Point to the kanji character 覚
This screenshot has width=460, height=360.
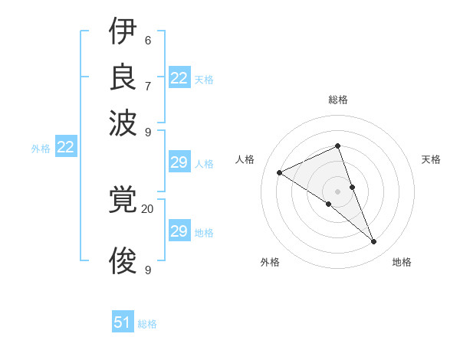[123, 201]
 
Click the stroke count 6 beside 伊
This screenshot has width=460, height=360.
[148, 41]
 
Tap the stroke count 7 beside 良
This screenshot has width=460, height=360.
[148, 85]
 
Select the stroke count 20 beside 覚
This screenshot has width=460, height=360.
[148, 208]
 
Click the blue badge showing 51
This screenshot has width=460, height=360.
[123, 322]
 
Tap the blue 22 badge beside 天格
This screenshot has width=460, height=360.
[179, 78]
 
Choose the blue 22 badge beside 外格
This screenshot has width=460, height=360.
[65, 148]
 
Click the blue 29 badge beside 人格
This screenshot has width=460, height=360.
[179, 162]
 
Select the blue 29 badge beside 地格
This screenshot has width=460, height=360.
[179, 231]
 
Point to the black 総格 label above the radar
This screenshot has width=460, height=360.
[338, 100]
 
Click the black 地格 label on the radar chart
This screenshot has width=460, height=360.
[402, 262]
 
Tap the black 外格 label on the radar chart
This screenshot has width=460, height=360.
[270, 262]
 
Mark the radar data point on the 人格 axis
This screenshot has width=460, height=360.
[280, 172]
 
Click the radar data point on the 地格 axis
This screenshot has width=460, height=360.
[374, 242]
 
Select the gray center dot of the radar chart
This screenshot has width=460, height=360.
[337, 191]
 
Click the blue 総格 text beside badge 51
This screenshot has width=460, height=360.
[147, 324]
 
